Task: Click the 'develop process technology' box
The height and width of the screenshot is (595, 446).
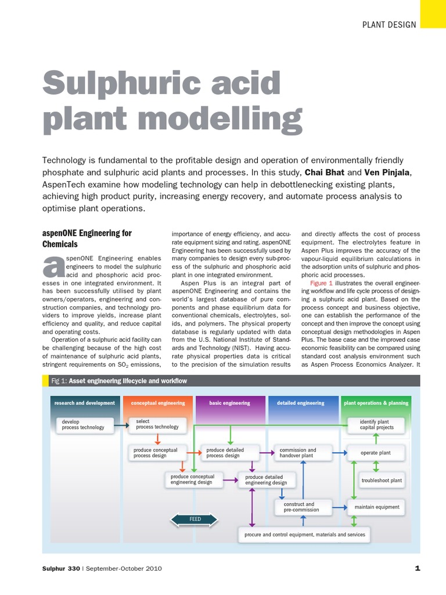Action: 84,425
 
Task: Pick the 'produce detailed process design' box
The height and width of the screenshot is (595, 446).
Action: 228,453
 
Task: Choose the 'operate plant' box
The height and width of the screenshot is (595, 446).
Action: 376,453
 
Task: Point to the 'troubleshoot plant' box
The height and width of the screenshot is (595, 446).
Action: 382,481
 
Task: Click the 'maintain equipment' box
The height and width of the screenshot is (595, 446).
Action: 377,507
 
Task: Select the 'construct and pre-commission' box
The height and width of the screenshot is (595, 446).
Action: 303,507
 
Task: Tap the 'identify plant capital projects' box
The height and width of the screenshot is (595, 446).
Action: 377,425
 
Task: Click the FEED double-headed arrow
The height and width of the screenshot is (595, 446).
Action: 195,519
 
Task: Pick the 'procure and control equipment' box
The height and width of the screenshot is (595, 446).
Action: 304,534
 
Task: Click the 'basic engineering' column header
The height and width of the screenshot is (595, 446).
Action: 230,403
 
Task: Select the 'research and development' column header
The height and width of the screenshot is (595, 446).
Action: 85,403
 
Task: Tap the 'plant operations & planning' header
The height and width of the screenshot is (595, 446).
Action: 376,403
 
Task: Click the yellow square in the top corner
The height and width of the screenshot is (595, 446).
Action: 433,14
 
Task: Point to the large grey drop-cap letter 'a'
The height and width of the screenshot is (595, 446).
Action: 52,267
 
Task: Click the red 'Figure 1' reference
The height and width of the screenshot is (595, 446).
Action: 321,283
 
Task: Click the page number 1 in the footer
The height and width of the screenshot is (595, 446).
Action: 417,568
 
